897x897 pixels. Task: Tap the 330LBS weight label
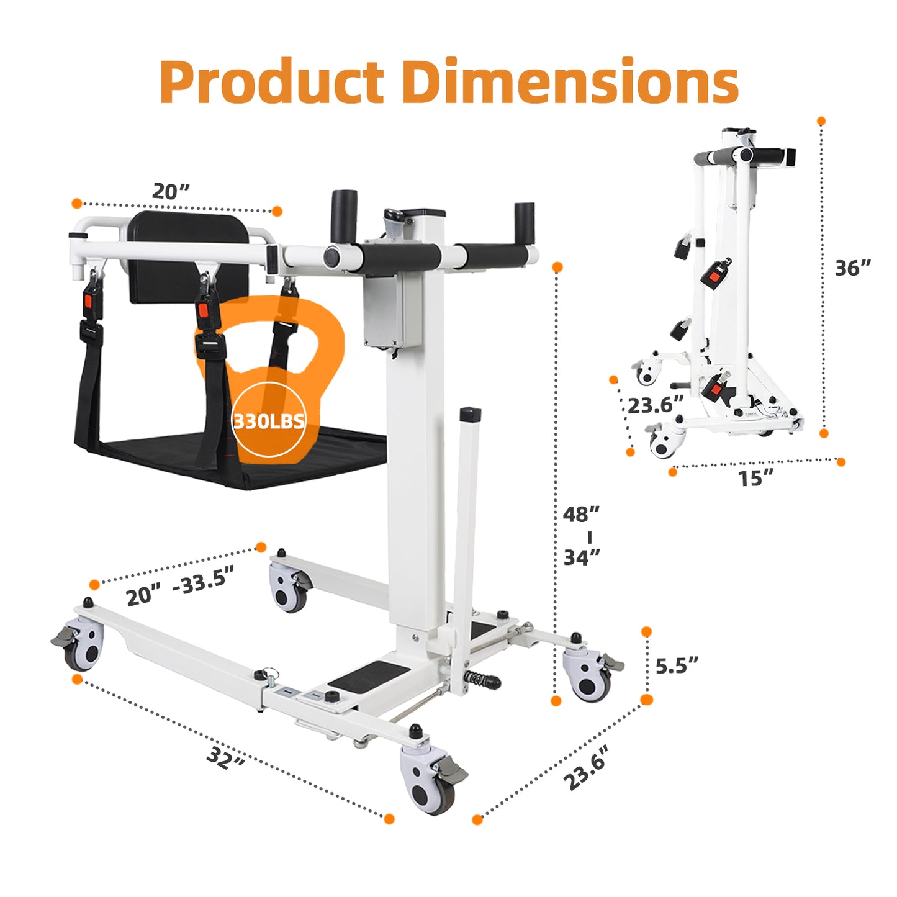[x=269, y=421]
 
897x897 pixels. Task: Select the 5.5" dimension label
[x=677, y=665]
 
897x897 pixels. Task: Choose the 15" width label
[x=757, y=477]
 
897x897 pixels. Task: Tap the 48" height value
[x=582, y=514]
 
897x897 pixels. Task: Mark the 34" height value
[x=582, y=557]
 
